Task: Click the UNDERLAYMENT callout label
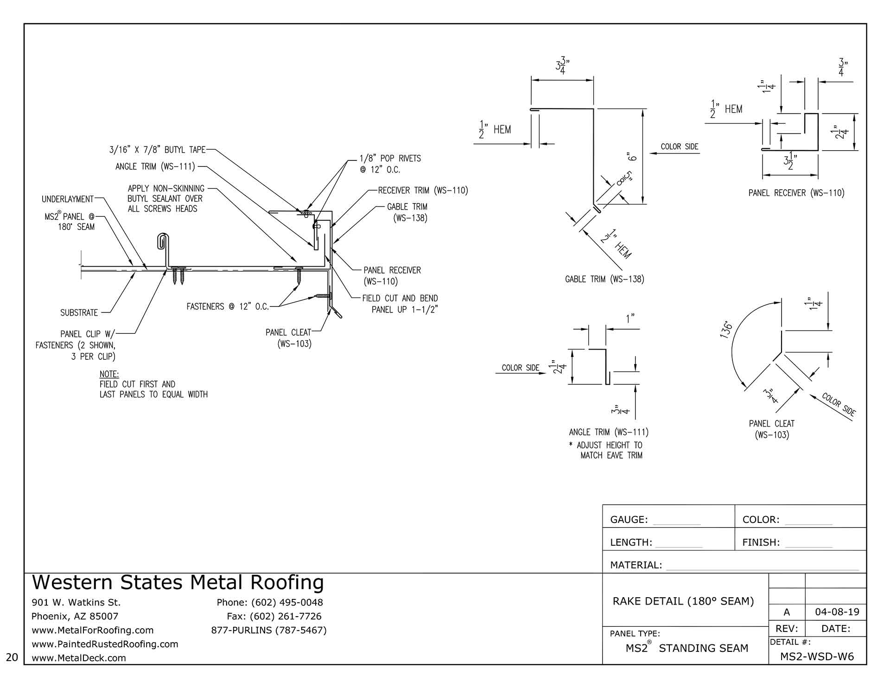(67, 199)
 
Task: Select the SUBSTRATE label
(79, 313)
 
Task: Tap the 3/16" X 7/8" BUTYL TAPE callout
(157, 150)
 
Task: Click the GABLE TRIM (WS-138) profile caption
(604, 279)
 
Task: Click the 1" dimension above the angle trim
(630, 318)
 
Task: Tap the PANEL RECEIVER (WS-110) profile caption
(796, 193)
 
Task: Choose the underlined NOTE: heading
(109, 374)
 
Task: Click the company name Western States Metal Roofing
(178, 583)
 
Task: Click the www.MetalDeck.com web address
(78, 658)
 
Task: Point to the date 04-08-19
(837, 612)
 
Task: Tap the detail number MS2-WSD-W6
(817, 656)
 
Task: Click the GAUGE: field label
(629, 520)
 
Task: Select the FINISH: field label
(761, 542)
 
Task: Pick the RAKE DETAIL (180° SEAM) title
(683, 601)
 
